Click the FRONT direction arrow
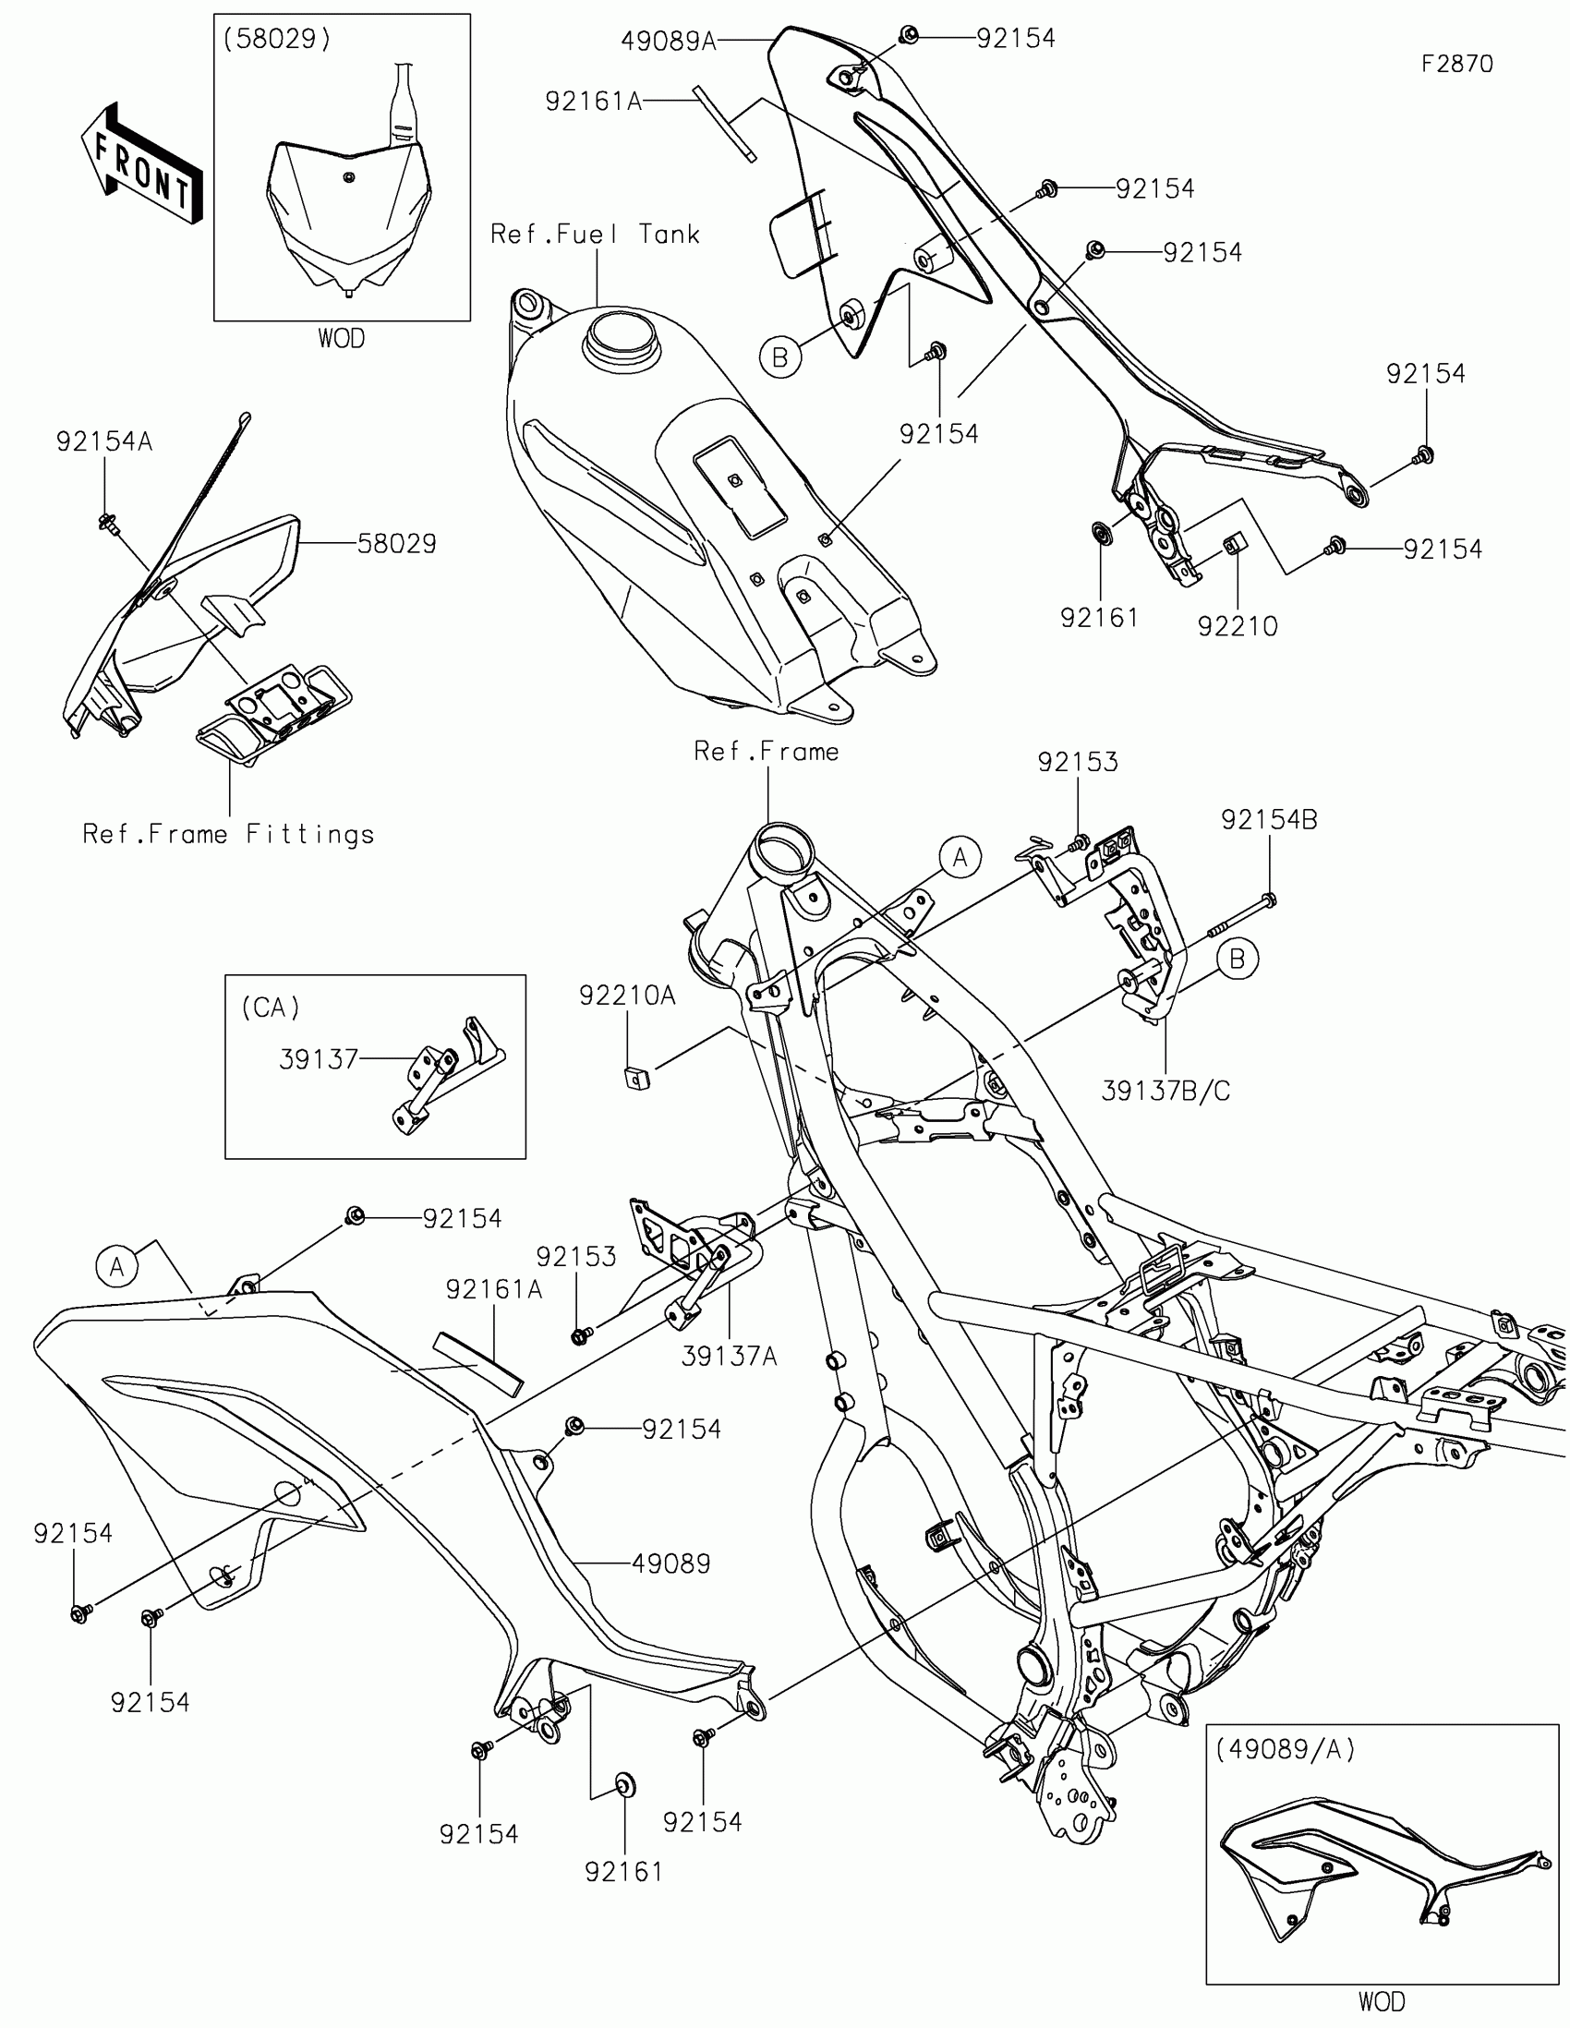pyautogui.click(x=142, y=163)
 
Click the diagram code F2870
pyautogui.click(x=1456, y=64)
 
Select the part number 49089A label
pyautogui.click(x=669, y=42)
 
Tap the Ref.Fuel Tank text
pyautogui.click(x=595, y=234)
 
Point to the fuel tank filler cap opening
pyautogui.click(x=619, y=336)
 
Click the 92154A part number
pyautogui.click(x=104, y=441)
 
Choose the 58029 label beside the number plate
pyautogui.click(x=397, y=543)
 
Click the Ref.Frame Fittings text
pyautogui.click(x=228, y=834)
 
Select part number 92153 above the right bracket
pyautogui.click(x=1078, y=762)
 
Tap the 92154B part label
pyautogui.click(x=1269, y=820)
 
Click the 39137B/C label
pyautogui.click(x=1165, y=1091)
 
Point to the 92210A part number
pyautogui.click(x=628, y=996)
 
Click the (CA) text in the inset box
pyautogui.click(x=271, y=1008)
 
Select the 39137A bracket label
pyautogui.click(x=730, y=1357)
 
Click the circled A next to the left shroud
pyautogui.click(x=117, y=1266)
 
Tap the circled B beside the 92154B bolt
pyautogui.click(x=1237, y=959)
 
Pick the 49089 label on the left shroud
pyautogui.click(x=671, y=1563)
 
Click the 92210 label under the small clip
pyautogui.click(x=1238, y=627)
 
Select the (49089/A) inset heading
pyautogui.click(x=1285, y=1749)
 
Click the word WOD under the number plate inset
pyautogui.click(x=342, y=338)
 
